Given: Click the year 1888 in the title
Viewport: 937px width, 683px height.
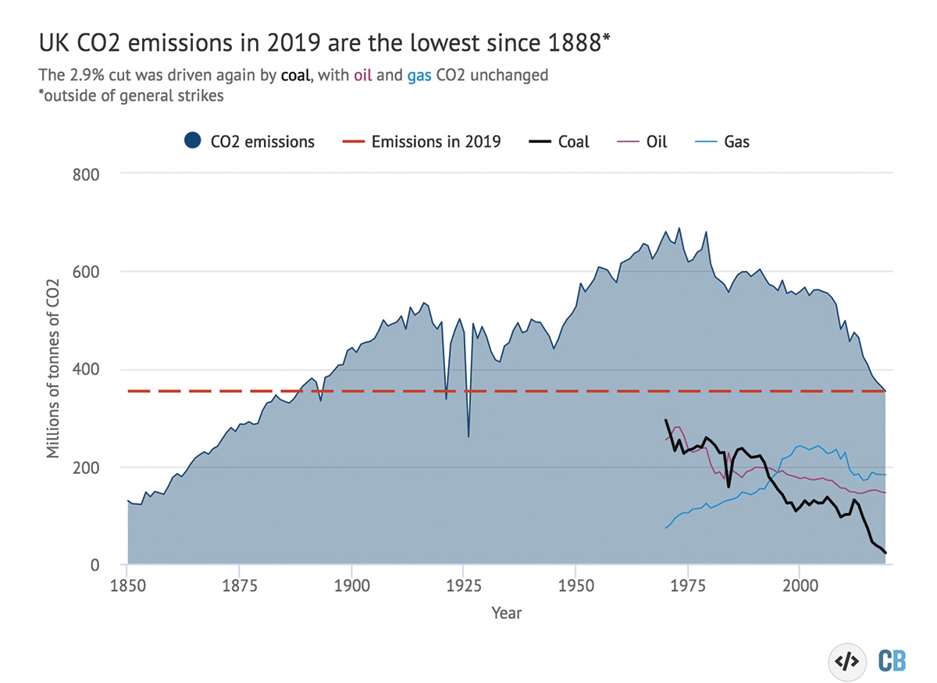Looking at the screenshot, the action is [x=575, y=43].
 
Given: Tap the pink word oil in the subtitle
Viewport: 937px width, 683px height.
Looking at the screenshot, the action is [x=362, y=75].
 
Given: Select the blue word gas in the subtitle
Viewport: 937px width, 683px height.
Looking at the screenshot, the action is [x=419, y=77].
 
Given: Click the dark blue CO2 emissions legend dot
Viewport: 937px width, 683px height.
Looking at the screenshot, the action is [x=192, y=141].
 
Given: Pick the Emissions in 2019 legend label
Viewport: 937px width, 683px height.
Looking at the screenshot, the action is [x=436, y=142].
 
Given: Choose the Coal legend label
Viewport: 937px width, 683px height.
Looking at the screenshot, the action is [x=573, y=142].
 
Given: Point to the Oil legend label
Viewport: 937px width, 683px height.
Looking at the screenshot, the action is [x=657, y=142].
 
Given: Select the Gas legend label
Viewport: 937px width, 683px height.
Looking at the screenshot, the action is [x=736, y=142].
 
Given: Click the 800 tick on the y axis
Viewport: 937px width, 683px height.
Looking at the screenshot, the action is [x=86, y=175].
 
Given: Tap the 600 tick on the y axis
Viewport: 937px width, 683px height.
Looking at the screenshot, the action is [x=86, y=272].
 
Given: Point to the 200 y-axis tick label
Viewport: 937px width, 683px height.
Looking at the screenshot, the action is [x=86, y=468].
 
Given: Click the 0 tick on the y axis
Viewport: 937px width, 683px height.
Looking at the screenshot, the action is [x=95, y=565].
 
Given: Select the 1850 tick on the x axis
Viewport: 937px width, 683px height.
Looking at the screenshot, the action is [x=127, y=586].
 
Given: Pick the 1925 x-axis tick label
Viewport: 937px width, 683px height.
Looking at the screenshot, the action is [x=464, y=586].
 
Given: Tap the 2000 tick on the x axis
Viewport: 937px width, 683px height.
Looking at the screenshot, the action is [x=800, y=586].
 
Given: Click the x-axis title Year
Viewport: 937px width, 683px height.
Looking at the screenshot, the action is [x=507, y=614].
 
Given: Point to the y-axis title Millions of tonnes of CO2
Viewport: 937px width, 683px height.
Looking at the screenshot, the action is [x=53, y=368].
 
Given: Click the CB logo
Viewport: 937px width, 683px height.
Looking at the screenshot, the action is [x=892, y=661].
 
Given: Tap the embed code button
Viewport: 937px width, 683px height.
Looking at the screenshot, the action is [x=847, y=662].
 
